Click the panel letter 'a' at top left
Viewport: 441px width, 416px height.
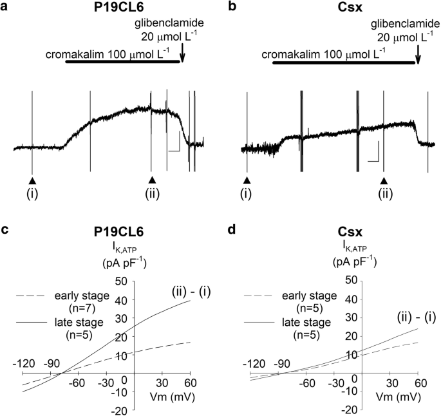pos(6,8)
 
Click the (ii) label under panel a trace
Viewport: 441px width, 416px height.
pos(152,193)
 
